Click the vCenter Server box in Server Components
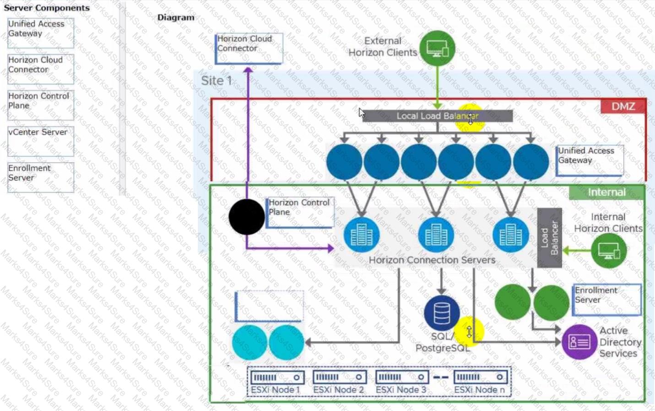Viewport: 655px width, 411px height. [x=41, y=141]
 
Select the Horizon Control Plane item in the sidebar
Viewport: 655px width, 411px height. [x=41, y=105]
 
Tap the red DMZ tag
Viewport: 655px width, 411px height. [x=623, y=107]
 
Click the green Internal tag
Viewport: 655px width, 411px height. [x=606, y=192]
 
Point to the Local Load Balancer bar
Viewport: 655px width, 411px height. [x=437, y=116]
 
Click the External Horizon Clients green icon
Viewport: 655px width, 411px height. [x=438, y=48]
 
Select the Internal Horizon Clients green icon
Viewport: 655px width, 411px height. [x=608, y=251]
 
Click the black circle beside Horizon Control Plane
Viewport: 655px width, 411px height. [x=247, y=217]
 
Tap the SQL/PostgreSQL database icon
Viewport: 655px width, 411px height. [x=442, y=313]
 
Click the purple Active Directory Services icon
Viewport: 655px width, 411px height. [x=579, y=342]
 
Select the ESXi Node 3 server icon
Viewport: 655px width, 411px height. [x=402, y=377]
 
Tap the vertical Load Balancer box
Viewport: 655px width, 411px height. [x=549, y=238]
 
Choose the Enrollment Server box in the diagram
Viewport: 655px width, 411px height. [x=606, y=299]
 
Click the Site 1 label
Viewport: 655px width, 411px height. [x=217, y=81]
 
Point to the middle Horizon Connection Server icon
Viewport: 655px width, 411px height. [x=436, y=235]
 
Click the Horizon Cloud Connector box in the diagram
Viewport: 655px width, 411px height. [x=249, y=48]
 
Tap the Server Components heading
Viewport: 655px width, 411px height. [x=47, y=8]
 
